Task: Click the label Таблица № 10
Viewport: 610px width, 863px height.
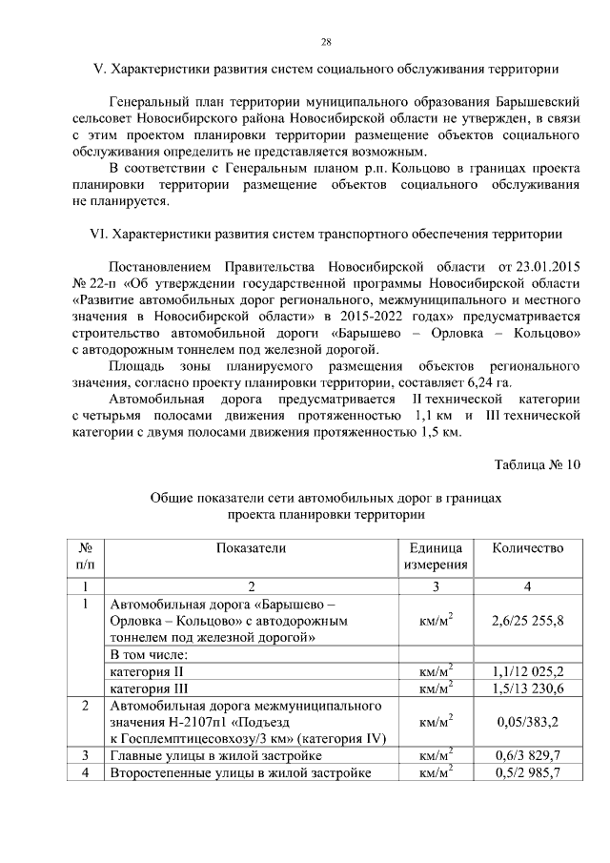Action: point(536,465)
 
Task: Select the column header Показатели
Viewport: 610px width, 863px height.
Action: point(250,548)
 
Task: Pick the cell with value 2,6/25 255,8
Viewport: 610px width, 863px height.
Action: point(527,621)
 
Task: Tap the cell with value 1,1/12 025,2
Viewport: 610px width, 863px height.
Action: point(527,670)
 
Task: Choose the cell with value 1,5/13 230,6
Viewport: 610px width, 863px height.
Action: point(527,688)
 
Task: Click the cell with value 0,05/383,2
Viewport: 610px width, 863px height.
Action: point(527,723)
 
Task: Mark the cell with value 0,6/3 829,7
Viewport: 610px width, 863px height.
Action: point(527,756)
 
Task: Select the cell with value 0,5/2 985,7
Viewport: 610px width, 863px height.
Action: point(527,773)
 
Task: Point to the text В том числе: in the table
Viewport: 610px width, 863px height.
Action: point(151,655)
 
